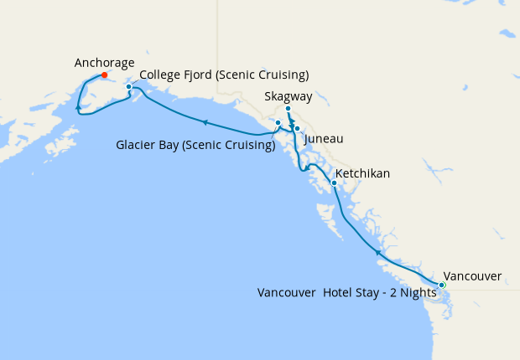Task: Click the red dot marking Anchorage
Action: (104, 75)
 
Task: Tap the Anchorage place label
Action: (104, 62)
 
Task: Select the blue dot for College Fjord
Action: (128, 86)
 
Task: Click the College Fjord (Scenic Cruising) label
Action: (224, 75)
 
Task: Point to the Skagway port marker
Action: (288, 109)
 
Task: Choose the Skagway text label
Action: (288, 97)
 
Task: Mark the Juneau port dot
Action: (297, 128)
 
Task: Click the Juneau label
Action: (324, 138)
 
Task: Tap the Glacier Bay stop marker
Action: (278, 123)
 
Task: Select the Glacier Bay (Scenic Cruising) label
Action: (195, 146)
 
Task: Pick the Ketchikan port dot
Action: (334, 183)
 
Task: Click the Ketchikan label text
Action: (362, 173)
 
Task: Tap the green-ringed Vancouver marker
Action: (442, 285)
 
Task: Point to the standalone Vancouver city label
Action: (472, 275)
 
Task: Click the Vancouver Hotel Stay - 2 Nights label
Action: (346, 293)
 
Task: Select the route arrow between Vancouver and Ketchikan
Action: (378, 250)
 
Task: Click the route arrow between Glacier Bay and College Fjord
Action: (205, 123)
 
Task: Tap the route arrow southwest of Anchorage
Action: (78, 108)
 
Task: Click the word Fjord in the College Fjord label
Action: (200, 75)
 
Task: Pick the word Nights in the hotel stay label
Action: (417, 293)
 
